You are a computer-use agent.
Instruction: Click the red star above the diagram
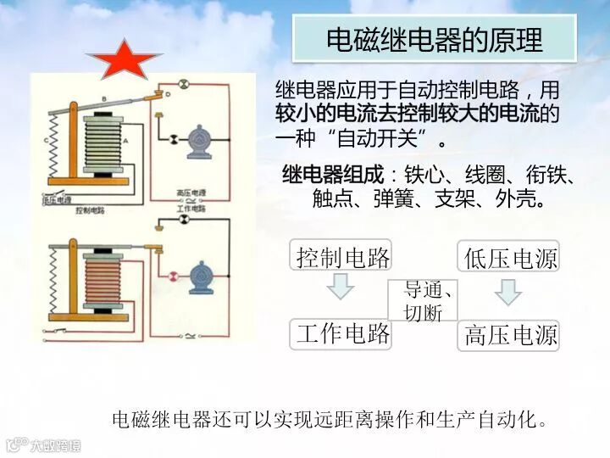[x=123, y=60]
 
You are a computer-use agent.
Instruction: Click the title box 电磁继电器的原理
[x=435, y=39]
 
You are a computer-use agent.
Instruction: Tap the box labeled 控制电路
[x=342, y=256]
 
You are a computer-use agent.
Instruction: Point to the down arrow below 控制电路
[x=340, y=289]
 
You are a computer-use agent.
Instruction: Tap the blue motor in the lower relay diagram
[x=202, y=275]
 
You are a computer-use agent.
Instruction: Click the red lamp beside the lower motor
[x=173, y=275]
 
